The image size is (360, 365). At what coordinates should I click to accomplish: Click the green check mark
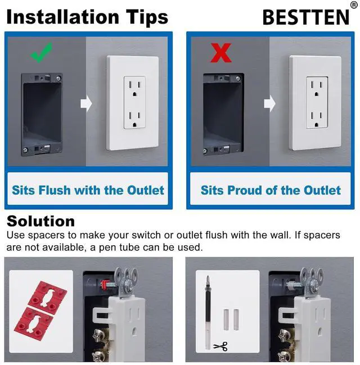click(x=40, y=52)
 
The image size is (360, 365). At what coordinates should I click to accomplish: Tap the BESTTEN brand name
click(x=306, y=17)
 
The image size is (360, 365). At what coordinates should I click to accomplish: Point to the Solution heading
click(x=40, y=220)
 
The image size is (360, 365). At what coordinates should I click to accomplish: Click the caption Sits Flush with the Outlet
click(x=88, y=190)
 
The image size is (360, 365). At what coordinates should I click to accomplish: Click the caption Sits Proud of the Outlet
click(x=271, y=190)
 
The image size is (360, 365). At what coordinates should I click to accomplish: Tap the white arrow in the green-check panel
click(x=86, y=103)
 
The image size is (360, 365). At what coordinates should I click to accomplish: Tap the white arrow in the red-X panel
click(x=271, y=103)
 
